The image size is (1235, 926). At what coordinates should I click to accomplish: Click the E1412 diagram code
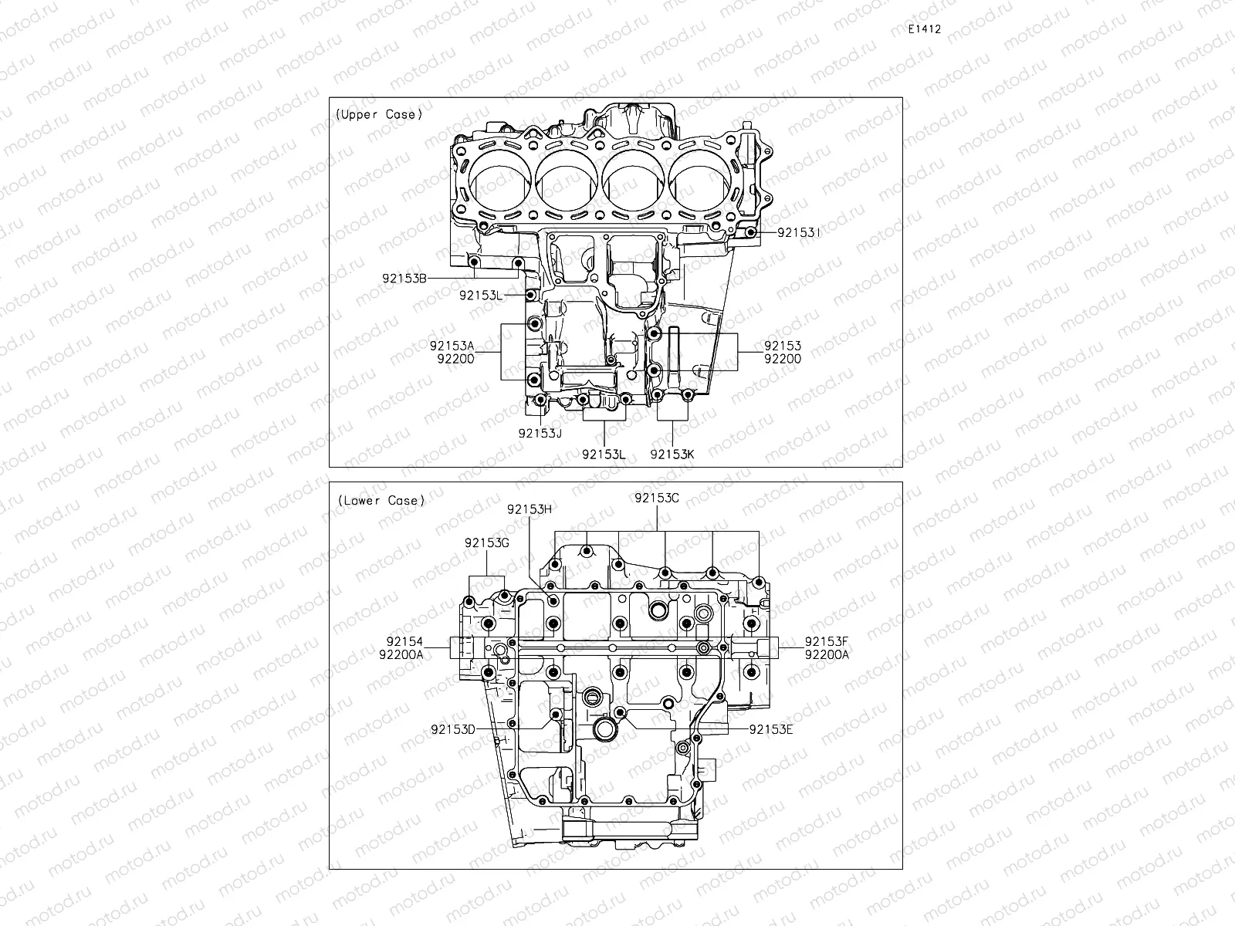point(924,29)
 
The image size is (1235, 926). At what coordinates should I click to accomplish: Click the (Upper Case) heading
point(379,114)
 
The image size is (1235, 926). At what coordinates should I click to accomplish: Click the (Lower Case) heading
point(381,500)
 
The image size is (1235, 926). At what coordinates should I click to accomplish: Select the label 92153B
point(404,279)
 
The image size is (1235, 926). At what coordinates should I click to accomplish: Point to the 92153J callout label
point(540,433)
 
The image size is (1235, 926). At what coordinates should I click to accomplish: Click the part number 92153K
point(672,454)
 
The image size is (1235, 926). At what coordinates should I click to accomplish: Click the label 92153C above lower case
point(656,498)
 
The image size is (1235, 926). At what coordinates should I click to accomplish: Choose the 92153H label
point(530,509)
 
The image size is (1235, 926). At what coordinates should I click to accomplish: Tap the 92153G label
point(486,542)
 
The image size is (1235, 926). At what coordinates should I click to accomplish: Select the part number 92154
point(404,641)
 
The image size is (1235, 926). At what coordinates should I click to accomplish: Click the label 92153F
point(826,641)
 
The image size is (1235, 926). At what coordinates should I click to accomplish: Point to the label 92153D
point(453,728)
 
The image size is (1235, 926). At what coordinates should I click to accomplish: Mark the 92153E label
point(770,728)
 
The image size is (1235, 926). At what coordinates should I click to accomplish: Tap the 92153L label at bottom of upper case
point(604,454)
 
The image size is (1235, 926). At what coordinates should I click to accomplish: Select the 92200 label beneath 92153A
point(455,358)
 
